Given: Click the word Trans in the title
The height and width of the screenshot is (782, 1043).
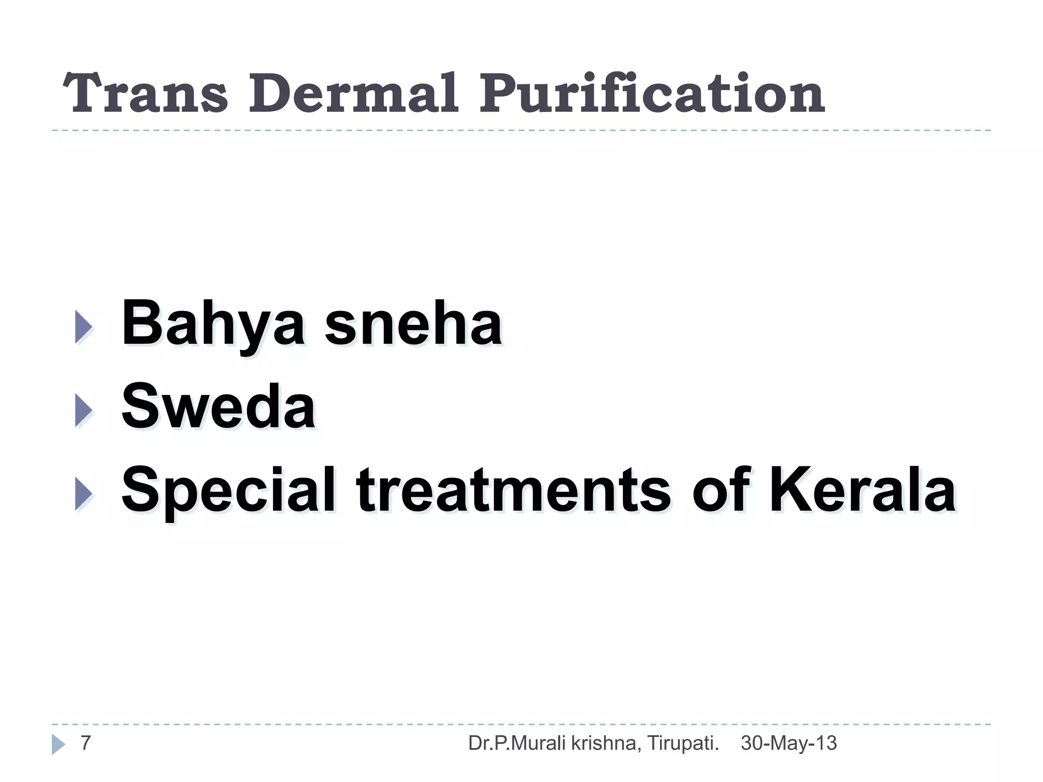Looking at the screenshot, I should point(145,94).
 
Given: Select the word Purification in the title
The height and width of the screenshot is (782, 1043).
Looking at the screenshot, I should point(651,94).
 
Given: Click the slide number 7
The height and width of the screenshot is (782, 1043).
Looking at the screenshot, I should point(86,743).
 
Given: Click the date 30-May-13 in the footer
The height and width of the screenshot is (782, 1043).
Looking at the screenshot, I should point(788,743).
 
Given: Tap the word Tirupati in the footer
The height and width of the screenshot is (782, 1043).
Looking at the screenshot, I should point(683,744).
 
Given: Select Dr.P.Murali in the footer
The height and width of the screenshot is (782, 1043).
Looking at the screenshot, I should point(517,743).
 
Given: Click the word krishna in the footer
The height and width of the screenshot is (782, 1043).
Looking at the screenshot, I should point(603,743).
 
